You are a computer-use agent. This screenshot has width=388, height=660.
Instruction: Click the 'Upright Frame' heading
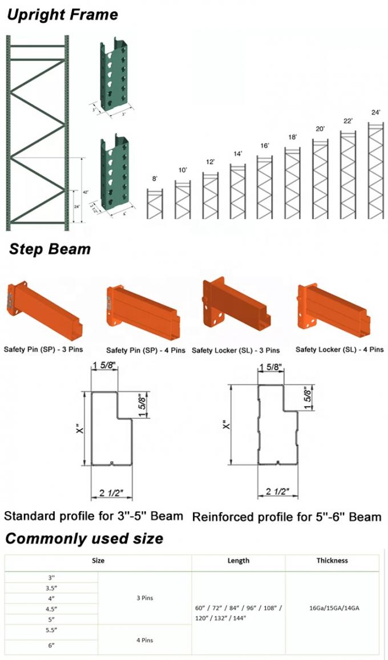pyautogui.click(x=62, y=15)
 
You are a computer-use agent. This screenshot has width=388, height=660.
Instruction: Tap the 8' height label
pyautogui.click(x=155, y=179)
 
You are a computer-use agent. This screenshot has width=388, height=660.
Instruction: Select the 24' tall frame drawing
pyautogui.click(x=375, y=171)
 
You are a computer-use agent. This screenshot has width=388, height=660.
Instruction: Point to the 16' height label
pyautogui.click(x=265, y=146)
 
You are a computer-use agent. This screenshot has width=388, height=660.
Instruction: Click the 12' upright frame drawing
pyautogui.click(x=210, y=196)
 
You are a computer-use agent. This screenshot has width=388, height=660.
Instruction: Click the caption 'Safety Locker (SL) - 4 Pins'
pyautogui.click(x=339, y=350)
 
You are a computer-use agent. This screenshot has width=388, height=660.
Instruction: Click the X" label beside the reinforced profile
pyautogui.click(x=225, y=425)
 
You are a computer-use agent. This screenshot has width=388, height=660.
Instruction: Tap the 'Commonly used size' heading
pyautogui.click(x=84, y=538)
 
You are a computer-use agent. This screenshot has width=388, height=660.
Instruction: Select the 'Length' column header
pyautogui.click(x=239, y=561)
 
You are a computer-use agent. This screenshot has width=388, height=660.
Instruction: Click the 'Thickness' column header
pyautogui.click(x=332, y=561)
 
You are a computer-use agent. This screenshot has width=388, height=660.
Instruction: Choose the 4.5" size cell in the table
pyautogui.click(x=51, y=609)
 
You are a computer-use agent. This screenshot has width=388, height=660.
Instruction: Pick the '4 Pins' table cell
pyautogui.click(x=145, y=640)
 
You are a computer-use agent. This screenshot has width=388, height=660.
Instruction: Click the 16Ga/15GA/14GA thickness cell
pyautogui.click(x=332, y=608)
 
